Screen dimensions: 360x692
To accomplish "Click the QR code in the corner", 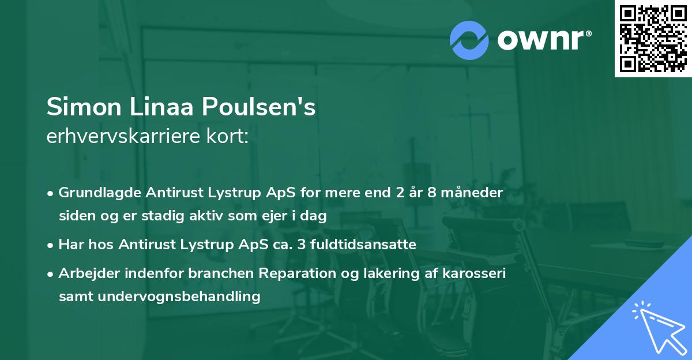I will [653, 39].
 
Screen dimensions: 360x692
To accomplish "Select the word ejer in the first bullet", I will [268, 216].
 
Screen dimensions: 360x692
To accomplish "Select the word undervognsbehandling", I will [180, 297].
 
